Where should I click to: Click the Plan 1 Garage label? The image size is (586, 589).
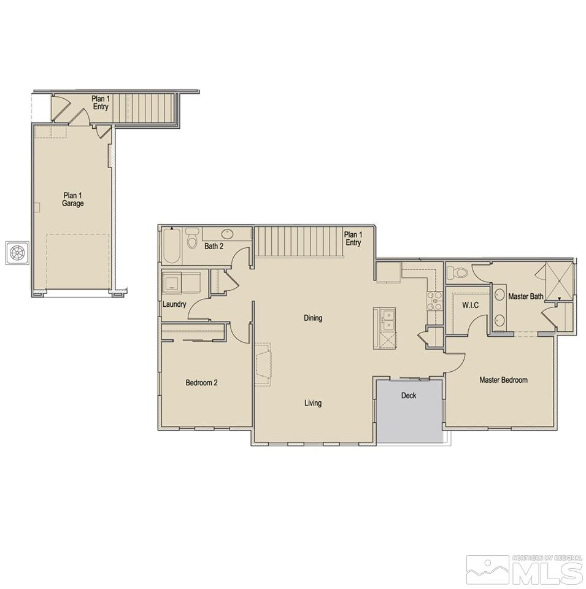point(72,199)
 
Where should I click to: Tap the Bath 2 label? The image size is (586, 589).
point(214,247)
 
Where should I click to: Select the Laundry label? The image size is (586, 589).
point(174,304)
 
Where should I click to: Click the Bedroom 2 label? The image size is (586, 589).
point(201,383)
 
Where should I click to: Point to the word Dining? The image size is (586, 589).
point(312,318)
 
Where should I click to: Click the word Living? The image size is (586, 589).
point(312,403)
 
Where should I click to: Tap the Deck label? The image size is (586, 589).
point(409,396)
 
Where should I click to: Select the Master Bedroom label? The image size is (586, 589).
point(503,380)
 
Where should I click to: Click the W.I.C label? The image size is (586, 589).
point(469,305)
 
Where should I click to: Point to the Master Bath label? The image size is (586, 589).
point(526,297)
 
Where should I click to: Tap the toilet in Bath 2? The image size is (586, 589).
point(192,236)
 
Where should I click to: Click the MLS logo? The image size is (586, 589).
point(525,570)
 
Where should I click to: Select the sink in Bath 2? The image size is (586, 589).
point(228,234)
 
